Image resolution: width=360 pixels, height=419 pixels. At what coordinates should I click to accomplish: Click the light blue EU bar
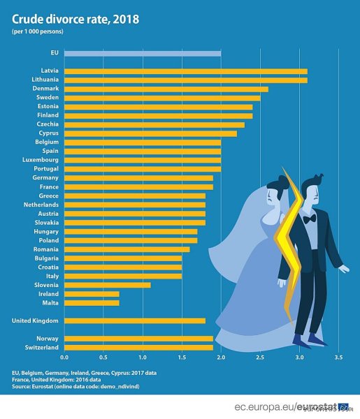point(143,54)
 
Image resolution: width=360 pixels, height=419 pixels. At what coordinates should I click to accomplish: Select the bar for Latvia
point(186,71)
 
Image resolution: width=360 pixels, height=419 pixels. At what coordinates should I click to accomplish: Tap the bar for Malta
point(92,303)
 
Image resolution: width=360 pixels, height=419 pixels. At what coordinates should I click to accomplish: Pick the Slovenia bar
point(108,285)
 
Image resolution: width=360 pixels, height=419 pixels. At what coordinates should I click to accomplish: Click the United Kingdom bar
point(135,321)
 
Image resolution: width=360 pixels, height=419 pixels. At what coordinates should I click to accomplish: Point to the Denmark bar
point(166,89)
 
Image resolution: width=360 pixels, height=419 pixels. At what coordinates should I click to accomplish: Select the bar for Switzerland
point(138,348)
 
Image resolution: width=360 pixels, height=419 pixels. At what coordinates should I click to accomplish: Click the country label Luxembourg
point(41,160)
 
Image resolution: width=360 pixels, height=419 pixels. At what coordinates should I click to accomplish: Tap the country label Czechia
point(48,124)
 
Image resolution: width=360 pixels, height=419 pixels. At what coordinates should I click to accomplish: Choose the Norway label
point(48,339)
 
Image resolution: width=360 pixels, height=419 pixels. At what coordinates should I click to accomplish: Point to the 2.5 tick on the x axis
point(260,358)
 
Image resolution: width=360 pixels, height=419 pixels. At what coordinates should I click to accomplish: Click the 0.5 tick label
point(103,358)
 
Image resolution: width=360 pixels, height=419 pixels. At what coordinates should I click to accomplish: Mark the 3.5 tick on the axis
point(338,358)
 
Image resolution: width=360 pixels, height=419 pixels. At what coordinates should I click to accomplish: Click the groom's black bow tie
point(310,219)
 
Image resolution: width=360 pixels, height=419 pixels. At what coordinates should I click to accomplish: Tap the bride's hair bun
point(284,179)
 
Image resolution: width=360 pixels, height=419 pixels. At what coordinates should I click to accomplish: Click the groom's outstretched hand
point(344,269)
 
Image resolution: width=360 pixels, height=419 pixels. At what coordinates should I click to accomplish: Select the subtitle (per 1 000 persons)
point(38,31)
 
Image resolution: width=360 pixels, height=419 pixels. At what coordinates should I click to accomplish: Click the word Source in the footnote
point(20,386)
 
